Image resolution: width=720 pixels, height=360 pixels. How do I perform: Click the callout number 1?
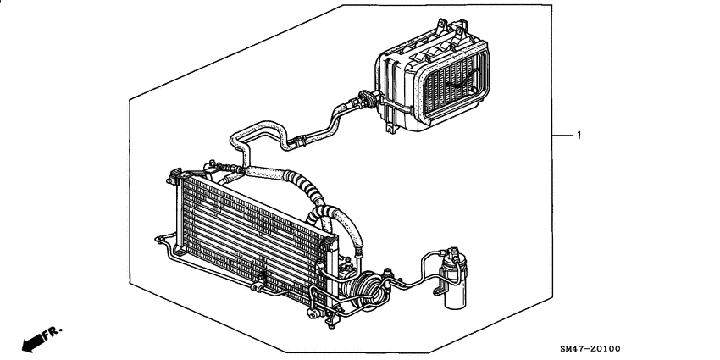pos(579,136)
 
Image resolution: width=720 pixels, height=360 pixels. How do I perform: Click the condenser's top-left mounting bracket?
pos(174,179)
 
